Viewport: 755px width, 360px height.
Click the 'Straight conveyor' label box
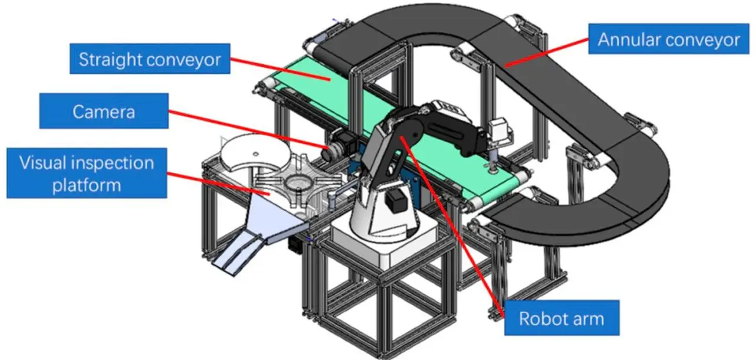pos(150,58)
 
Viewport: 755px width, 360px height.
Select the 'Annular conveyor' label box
pos(668,39)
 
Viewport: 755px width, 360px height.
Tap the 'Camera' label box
pos(104,111)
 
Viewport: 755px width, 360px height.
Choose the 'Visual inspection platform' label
pos(86,173)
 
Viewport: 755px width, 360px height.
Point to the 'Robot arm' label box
pos(561,319)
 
